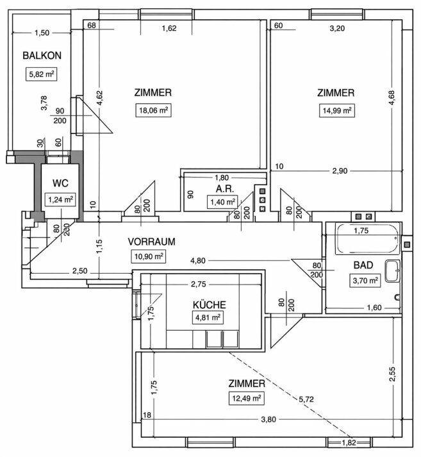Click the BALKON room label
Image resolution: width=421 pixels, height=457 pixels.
[x=42, y=55]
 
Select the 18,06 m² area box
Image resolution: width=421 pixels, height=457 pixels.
[x=153, y=110]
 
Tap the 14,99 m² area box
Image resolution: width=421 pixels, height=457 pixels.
[x=337, y=111]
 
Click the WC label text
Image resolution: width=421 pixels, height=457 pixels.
[x=60, y=183]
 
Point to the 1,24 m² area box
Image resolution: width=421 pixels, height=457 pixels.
[x=60, y=199]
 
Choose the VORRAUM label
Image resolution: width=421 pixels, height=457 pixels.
[x=151, y=242]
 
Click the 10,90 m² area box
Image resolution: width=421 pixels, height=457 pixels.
[x=149, y=256]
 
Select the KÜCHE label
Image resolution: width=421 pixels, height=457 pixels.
[x=209, y=304]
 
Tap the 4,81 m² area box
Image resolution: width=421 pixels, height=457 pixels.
[x=208, y=317]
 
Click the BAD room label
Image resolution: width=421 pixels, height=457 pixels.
[x=363, y=265]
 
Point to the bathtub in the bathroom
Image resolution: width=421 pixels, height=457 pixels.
[x=368, y=239]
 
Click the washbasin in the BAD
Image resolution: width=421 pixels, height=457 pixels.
[x=392, y=271]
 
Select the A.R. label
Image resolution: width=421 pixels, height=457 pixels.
[x=225, y=189]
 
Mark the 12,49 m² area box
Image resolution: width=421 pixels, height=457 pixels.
[x=247, y=398]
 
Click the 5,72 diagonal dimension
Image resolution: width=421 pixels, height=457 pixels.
[x=306, y=399]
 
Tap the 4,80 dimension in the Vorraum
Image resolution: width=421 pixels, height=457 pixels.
[x=198, y=261]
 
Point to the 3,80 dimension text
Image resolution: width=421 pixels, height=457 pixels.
[x=268, y=419]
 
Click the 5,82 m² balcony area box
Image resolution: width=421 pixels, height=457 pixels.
[x=41, y=74]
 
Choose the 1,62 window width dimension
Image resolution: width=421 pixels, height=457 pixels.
[x=169, y=28]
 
